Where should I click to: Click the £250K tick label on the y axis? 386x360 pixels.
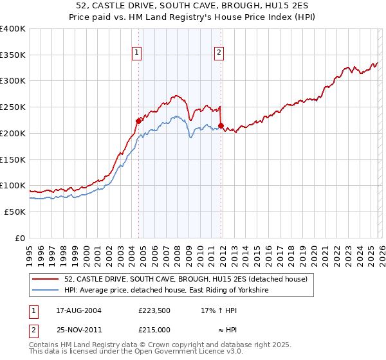coord(13,107)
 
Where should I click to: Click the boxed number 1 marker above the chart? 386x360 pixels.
coord(138,53)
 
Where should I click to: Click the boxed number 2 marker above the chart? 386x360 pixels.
coord(219,53)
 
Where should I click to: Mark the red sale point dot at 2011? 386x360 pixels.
coord(221,125)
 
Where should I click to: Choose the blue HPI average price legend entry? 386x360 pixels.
coord(165,291)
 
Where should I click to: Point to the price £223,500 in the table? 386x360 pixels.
coord(154,310)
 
